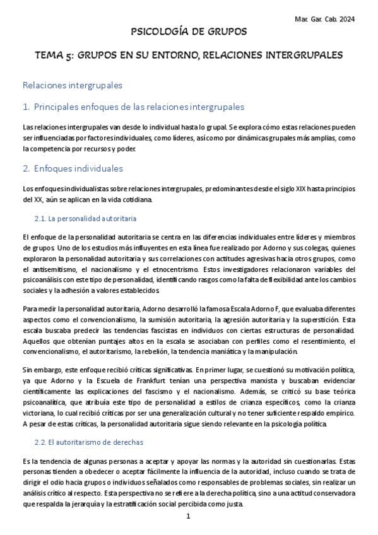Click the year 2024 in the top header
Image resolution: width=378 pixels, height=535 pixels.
pyautogui.click(x=346, y=19)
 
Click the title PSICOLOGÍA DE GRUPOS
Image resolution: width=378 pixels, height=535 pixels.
pyautogui.click(x=188, y=32)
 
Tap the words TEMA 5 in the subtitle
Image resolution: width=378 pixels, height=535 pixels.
pyautogui.click(x=53, y=56)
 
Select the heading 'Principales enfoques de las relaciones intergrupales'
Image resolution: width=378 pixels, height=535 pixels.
pyautogui.click(x=139, y=107)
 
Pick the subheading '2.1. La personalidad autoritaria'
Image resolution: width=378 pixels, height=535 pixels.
pyautogui.click(x=92, y=219)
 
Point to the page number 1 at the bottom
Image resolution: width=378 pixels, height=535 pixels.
pyautogui.click(x=188, y=517)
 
